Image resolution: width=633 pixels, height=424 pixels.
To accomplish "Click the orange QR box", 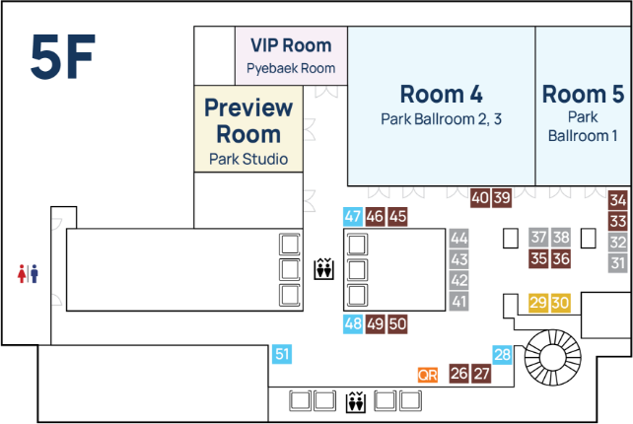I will coord(427,375).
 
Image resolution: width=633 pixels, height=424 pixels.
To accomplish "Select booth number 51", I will coord(282,355).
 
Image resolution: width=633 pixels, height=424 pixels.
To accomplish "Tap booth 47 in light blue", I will coord(353,217).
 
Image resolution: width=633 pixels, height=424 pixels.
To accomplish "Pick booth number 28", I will coord(503,355).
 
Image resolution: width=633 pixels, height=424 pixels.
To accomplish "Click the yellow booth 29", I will coord(538,303).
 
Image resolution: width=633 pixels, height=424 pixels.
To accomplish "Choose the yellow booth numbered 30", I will coord(560,303).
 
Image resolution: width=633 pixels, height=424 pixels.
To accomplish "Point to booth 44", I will coord(458,238).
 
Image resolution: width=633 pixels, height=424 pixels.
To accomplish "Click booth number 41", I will coord(458,302).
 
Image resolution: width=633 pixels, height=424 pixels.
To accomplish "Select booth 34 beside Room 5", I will coord(618,200).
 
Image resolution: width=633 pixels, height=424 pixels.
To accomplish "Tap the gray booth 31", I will coord(618,263).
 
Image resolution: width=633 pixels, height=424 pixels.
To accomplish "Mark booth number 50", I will coord(397,323).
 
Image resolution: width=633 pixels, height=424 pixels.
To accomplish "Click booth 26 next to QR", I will coord(458,374).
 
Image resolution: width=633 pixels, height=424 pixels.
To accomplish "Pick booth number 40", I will coord(480,198).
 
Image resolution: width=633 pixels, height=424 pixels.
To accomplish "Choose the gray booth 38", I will coord(560,238).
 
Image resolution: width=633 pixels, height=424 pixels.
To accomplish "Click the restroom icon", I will coord(28,273).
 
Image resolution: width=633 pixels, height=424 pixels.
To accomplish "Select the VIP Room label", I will coord(290,45).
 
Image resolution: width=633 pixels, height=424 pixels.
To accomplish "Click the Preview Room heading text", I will coord(248,120).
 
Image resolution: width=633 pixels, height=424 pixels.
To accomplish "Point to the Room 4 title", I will coord(441,95).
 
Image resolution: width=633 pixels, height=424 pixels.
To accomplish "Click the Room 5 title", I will coord(583,95).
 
